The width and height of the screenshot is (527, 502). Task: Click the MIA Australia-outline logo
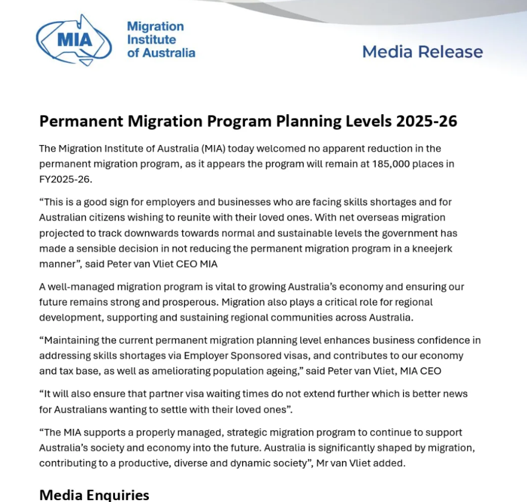pos(74,40)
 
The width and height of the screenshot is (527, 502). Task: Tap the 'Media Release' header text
pos(422,52)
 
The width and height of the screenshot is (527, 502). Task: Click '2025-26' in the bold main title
pos(427,121)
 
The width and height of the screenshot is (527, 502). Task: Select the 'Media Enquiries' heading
pos(94,495)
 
